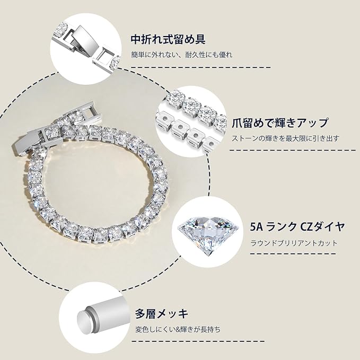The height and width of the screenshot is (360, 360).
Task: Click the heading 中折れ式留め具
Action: tap(168, 39)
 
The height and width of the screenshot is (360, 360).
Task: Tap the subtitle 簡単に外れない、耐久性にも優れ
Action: tap(182, 55)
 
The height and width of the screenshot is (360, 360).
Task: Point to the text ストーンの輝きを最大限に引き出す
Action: tap(286, 138)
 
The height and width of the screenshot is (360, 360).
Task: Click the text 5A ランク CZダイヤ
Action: tap(298, 228)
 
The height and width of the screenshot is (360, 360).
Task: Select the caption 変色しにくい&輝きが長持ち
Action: tap(177, 329)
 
